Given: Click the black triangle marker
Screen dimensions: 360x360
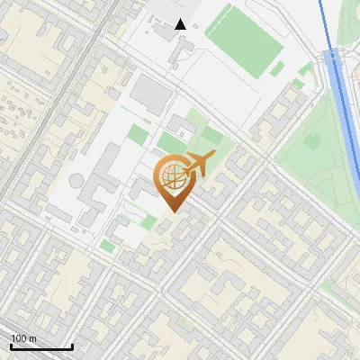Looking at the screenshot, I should (x=181, y=24).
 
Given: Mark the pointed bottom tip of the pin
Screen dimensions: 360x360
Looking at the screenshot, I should (x=174, y=212).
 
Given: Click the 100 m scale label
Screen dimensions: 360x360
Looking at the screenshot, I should (x=23, y=338).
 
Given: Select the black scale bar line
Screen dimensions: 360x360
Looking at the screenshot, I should (x=41, y=347).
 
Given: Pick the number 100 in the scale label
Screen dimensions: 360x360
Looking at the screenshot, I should (x=19, y=338).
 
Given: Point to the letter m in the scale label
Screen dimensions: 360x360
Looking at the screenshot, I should (x=32, y=339).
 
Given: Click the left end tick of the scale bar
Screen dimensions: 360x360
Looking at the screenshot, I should (x=11, y=346).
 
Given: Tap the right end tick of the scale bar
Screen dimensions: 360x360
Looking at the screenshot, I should (x=72, y=346).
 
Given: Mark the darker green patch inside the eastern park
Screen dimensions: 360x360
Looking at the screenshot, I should (x=313, y=140).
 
